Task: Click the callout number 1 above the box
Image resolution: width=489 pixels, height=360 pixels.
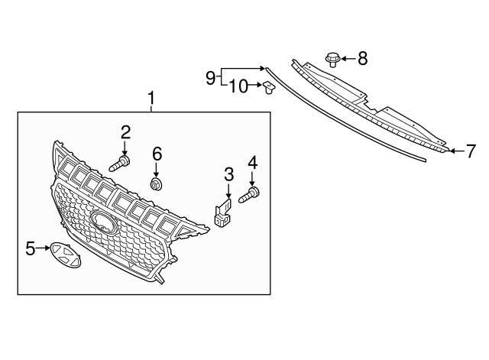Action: click(151, 99)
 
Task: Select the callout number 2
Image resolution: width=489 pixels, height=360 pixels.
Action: click(125, 132)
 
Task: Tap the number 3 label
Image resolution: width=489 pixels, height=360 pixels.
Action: click(228, 174)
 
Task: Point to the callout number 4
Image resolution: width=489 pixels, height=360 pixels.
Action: click(252, 163)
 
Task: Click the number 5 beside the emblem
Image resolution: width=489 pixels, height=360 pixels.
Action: click(31, 248)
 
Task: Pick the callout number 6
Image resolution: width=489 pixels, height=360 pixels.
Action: click(157, 154)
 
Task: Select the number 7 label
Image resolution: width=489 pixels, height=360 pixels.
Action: click(471, 151)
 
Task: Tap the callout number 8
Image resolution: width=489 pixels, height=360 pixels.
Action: click(362, 58)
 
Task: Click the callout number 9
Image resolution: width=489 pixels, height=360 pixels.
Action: click(211, 77)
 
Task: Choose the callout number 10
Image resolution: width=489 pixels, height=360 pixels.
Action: click(238, 86)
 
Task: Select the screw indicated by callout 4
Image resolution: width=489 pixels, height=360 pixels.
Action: click(249, 195)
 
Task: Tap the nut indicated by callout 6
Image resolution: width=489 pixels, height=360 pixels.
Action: click(156, 184)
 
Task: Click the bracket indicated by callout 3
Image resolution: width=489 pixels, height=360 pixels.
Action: click(223, 212)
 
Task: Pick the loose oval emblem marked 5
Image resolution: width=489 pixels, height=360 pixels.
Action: click(66, 255)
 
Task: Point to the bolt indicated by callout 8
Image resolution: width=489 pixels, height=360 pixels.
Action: click(333, 60)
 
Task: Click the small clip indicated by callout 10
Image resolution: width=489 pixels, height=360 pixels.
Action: click(268, 88)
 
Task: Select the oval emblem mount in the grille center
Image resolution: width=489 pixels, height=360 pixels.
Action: click(104, 222)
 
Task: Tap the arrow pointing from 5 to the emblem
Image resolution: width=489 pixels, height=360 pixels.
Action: click(43, 248)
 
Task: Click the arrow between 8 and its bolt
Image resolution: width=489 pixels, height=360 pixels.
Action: click(348, 58)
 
